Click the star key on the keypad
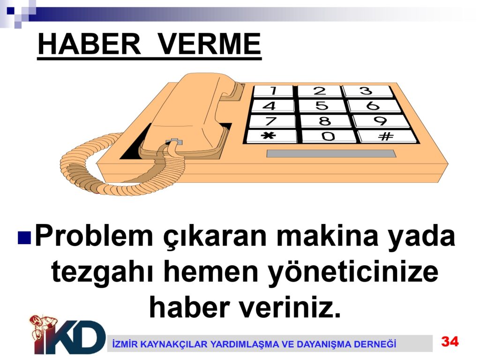tap(271, 136)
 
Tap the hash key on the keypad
tap(387, 136)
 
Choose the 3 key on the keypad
tap(367, 91)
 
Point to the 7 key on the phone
tap(272, 120)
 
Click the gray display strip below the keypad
tap(331, 154)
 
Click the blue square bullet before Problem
tap(24, 237)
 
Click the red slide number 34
tap(450, 341)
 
